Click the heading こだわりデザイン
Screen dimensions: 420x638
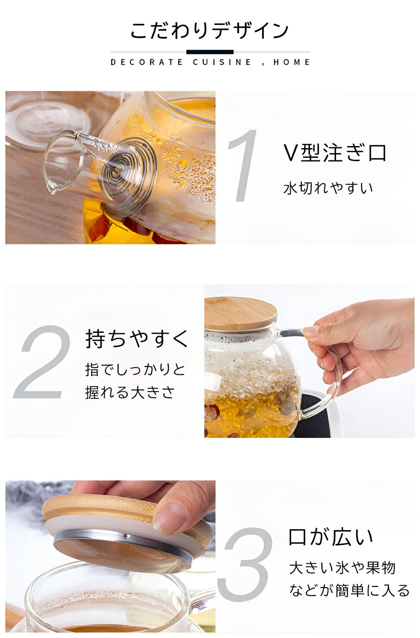pos(210,31)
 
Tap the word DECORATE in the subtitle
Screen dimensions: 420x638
pos(147,62)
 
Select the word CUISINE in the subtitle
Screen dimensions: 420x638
pos(222,62)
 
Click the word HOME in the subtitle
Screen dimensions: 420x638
pos(291,62)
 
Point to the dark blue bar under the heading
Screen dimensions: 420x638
pos(210,52)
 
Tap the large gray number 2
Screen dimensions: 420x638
pos(42,362)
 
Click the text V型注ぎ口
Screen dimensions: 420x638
pos(335,153)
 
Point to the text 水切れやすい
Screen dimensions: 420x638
pos(328,188)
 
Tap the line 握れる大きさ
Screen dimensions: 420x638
pos(130,392)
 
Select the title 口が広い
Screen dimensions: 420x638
pos(331,537)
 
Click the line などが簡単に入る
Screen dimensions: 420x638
pos(349,590)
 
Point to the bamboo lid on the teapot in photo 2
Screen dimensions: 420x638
pos(241,314)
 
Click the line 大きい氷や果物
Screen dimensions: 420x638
pos(342,568)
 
